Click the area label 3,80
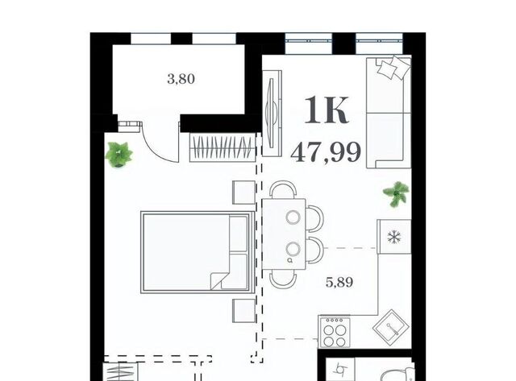(x=181, y=79)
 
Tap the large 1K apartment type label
(x=326, y=110)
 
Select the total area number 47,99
(x=326, y=153)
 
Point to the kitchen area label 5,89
(x=339, y=282)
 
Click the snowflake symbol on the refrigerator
(x=394, y=237)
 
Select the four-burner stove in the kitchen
(x=334, y=331)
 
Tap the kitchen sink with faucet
(x=392, y=325)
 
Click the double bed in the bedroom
(x=198, y=252)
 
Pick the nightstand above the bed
(x=243, y=193)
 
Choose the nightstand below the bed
(x=243, y=311)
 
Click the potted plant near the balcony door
(x=119, y=155)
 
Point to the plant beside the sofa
(x=397, y=194)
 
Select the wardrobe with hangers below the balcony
(x=223, y=147)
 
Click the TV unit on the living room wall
(x=272, y=113)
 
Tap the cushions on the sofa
(x=394, y=67)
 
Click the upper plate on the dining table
(x=293, y=217)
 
